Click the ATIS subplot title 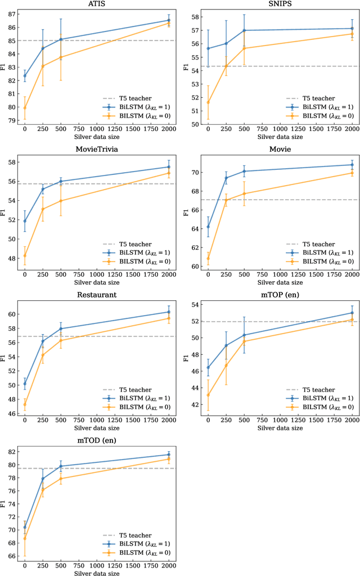(x=96, y=5)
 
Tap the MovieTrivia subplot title (x=96, y=149)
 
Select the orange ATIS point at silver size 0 (x=25, y=107)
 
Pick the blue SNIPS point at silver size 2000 (x=352, y=28)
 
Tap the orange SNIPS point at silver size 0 (x=208, y=102)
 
